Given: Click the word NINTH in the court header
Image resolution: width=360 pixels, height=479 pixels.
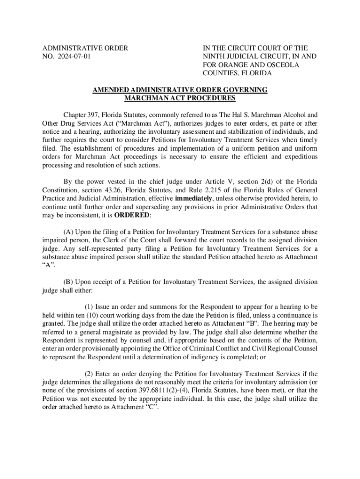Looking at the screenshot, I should point(214,57).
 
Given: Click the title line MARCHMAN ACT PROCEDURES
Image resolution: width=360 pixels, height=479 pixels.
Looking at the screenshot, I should point(180,98).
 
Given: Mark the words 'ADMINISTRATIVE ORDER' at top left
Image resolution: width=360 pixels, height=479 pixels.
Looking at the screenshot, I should point(85,48).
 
